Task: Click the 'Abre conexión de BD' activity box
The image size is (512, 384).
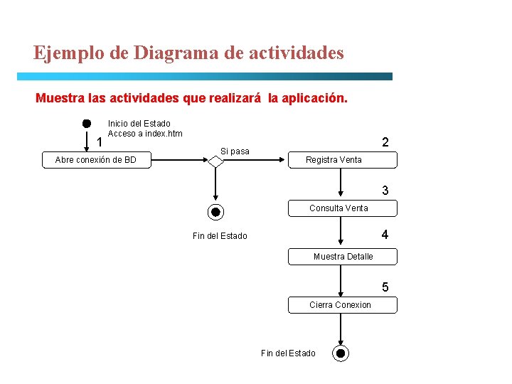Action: (x=96, y=160)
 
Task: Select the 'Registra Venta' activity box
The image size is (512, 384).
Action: (x=342, y=160)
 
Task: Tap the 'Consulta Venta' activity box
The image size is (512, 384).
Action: (x=342, y=208)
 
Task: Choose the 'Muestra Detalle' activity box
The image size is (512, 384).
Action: (x=342, y=257)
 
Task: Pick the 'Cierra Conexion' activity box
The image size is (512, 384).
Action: (x=342, y=305)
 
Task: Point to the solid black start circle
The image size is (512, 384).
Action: (x=86, y=123)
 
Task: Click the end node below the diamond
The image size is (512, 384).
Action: (x=216, y=212)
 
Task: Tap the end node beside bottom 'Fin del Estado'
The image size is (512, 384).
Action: (x=341, y=353)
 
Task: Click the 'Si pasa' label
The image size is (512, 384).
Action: (x=235, y=151)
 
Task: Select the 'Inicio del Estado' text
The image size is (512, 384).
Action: (x=139, y=124)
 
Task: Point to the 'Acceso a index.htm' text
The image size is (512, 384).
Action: (x=145, y=134)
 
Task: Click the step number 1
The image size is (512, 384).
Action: (x=100, y=143)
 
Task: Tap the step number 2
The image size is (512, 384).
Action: (x=385, y=142)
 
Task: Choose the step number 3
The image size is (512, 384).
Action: (x=385, y=191)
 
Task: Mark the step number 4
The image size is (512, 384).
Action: (x=385, y=235)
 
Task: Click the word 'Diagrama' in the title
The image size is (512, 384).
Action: (x=171, y=53)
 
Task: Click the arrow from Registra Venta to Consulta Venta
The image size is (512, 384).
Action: (x=342, y=183)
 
